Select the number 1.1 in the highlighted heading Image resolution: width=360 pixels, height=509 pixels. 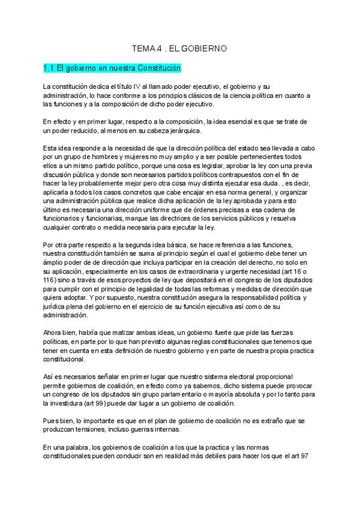click(x=50, y=69)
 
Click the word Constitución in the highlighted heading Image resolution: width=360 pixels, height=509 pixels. click(x=157, y=69)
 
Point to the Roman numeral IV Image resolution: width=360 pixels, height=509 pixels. click(x=137, y=87)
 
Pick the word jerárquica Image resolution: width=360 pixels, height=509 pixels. click(x=181, y=131)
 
